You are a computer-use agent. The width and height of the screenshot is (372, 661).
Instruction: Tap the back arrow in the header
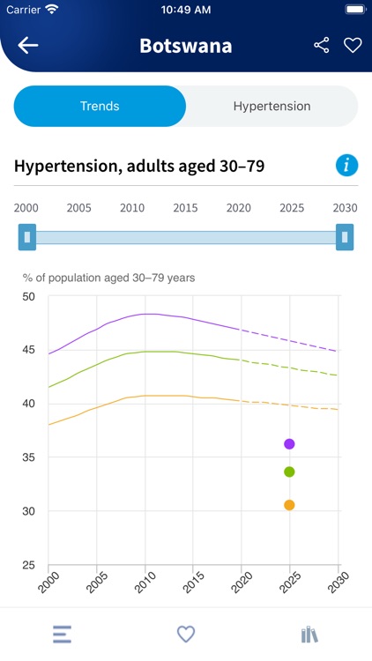28,46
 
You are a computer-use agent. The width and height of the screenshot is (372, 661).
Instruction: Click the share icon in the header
322,46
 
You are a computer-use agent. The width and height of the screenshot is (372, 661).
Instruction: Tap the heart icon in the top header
353,46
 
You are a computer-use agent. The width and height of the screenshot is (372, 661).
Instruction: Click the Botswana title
185,46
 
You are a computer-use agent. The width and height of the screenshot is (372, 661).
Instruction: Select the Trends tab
100,106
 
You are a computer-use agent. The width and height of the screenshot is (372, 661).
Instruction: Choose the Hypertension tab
272,106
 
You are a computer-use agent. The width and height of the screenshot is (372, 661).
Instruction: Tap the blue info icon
346,165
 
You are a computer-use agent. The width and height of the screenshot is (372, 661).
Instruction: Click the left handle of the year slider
27,237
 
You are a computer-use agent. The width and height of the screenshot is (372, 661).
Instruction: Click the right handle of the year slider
345,237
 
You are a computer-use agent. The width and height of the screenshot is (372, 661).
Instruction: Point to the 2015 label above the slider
185,208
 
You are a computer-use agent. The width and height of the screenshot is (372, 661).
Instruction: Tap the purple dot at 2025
289,443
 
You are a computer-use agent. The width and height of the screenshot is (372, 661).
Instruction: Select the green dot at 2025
289,472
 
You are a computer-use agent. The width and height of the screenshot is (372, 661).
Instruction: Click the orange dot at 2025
289,504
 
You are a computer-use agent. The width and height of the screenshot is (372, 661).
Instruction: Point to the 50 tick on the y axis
28,296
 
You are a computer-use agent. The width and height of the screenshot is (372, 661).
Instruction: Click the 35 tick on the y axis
28,457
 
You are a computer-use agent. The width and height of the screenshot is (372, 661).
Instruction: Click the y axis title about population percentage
108,278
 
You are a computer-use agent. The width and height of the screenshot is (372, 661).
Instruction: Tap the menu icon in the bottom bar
62,634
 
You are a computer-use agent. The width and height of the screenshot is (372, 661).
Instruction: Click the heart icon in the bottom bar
185,634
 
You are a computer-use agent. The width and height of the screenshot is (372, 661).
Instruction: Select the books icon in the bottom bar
309,634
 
